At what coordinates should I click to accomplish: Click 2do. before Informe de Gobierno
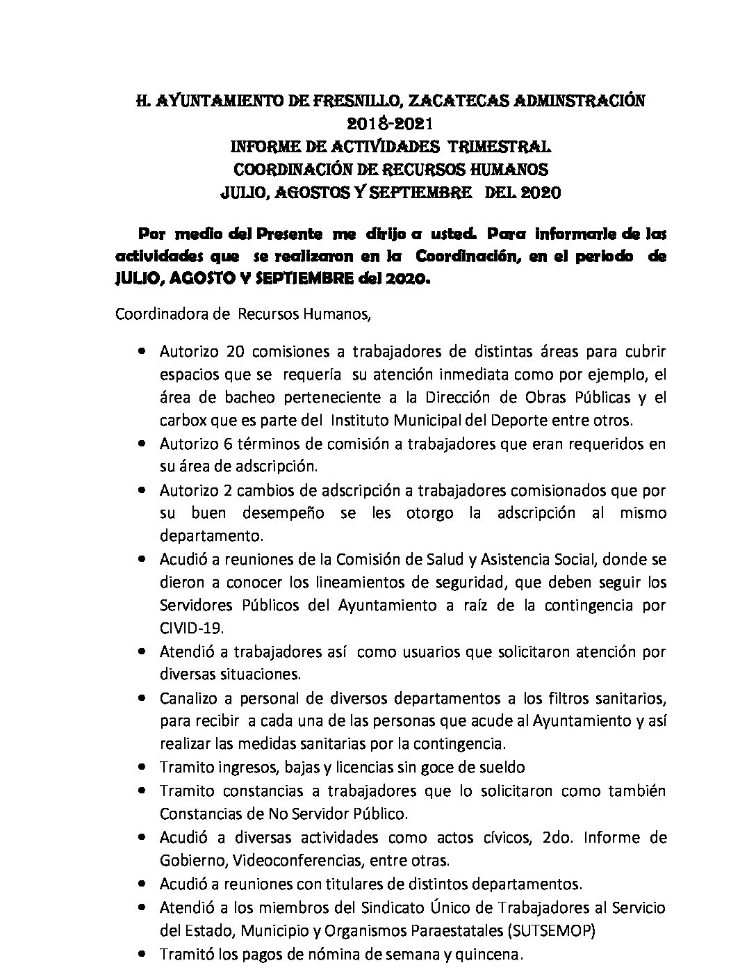[554, 836]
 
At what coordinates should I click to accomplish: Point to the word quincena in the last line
[491, 954]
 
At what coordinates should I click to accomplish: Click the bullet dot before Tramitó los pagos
[142, 955]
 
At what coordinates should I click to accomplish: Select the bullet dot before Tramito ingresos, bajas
[142, 768]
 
